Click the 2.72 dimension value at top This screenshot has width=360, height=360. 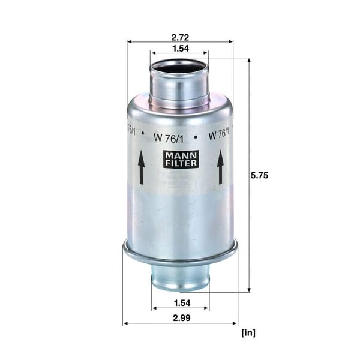click(x=180, y=37)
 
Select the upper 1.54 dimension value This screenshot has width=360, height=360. click(x=181, y=49)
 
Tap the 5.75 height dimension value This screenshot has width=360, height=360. click(x=259, y=175)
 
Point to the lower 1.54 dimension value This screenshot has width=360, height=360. click(x=182, y=303)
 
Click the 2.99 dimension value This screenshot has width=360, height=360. click(x=182, y=318)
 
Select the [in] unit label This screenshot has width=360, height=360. click(x=248, y=332)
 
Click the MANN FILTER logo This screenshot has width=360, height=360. click(x=181, y=159)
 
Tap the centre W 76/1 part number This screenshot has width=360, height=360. click(x=169, y=139)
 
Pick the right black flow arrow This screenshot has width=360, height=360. click(x=221, y=167)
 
